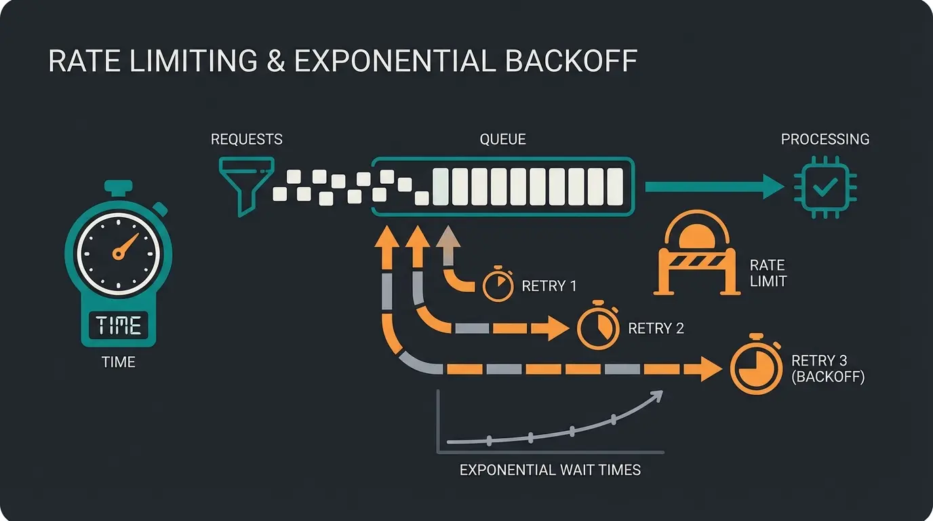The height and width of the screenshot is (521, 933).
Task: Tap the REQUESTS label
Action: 246,140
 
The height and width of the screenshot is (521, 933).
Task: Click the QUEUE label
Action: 502,140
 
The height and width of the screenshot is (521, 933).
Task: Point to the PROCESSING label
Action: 825,140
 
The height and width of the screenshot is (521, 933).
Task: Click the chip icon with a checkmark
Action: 825,186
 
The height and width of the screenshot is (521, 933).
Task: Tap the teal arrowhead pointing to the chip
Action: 773,187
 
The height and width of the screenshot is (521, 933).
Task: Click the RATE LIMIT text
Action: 768,273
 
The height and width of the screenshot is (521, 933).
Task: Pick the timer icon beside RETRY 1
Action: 498,286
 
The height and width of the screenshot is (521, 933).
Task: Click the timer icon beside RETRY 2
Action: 597,328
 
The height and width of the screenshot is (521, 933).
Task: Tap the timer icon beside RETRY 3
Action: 755,369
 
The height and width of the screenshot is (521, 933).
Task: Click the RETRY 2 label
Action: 656,329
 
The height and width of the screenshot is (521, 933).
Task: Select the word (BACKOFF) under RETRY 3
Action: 828,378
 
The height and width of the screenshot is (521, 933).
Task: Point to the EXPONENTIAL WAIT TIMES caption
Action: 550,469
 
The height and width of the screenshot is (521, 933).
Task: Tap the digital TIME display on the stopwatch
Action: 119,325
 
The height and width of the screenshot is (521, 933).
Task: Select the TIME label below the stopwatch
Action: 119,362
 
